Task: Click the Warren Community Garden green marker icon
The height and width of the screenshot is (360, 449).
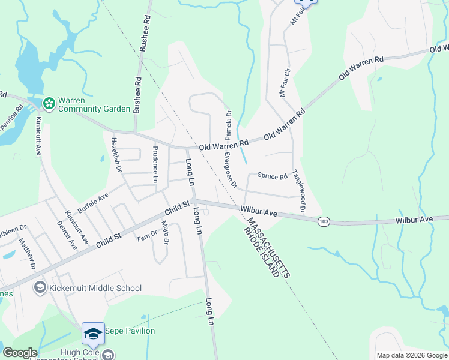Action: point(49,104)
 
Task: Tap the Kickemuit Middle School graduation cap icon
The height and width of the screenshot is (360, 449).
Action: point(40,288)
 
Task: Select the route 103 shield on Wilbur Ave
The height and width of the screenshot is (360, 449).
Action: point(324,221)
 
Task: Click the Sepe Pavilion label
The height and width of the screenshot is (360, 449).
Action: point(130,331)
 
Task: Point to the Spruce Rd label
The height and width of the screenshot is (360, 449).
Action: point(273,176)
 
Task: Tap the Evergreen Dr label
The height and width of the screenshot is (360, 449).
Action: point(230,169)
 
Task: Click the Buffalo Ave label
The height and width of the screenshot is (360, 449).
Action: point(93,203)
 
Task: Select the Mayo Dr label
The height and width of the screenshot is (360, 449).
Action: point(164,232)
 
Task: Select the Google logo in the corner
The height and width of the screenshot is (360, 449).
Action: point(20,353)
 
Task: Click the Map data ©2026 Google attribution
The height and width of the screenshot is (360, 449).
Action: point(412,355)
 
